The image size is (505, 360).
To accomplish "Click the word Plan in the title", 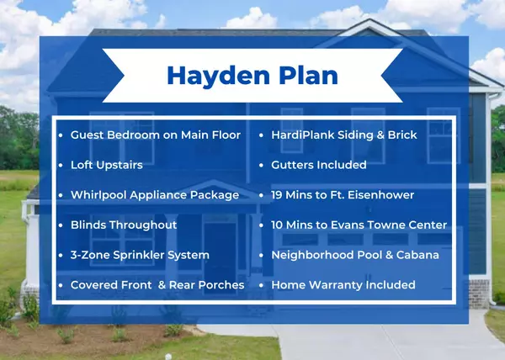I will tap(304, 75).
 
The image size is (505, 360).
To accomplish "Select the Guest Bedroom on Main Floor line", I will tap(155, 135).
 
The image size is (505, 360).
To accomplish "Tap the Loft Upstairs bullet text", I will tap(106, 165).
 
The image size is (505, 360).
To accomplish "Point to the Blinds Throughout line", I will tap(123, 225).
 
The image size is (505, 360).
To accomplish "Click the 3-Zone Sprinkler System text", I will tap(140, 254).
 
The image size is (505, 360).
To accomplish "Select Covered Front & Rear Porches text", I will tap(157, 284).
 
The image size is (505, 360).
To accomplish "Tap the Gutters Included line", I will tap(318, 165).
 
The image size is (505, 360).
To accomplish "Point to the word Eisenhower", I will tap(378, 194).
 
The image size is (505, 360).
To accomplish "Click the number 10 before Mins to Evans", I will tap(279, 225).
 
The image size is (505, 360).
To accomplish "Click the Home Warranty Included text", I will tap(343, 284).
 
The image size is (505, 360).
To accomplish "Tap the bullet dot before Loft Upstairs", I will tap(61, 165).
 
